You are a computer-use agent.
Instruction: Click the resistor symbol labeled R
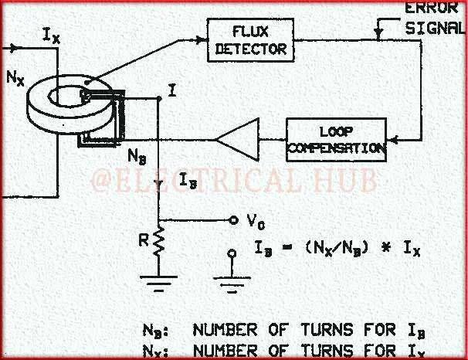tap(158, 242)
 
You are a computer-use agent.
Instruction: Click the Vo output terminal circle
tap(230, 219)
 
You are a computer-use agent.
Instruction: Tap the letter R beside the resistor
tap(144, 240)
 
